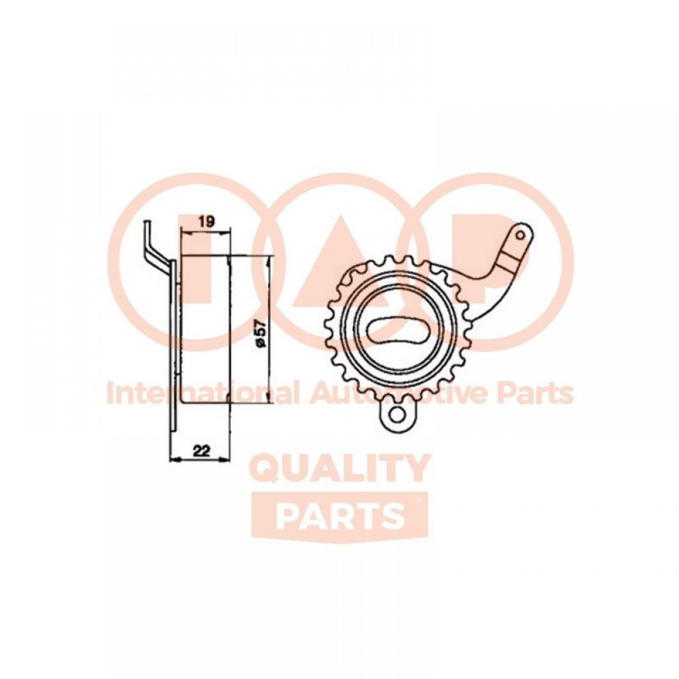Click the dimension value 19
tap(206, 222)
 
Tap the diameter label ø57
tap(260, 332)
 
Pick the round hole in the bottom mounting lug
tap(396, 414)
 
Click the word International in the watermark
tap(202, 392)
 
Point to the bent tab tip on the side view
tap(147, 223)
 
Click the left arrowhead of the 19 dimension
tap(185, 234)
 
